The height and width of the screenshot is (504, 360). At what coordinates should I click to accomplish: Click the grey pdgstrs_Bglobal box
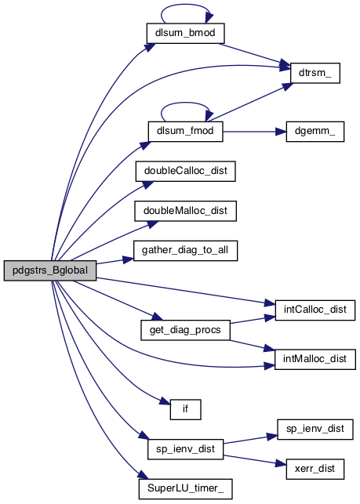point(50,270)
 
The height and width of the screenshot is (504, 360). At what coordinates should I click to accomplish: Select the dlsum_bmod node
point(185,33)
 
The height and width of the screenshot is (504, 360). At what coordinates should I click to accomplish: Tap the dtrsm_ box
point(315,73)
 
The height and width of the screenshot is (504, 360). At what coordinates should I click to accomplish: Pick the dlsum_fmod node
point(185,131)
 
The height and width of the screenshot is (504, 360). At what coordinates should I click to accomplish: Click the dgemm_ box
point(315,131)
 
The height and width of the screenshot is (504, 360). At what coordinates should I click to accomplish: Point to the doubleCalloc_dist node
point(185,171)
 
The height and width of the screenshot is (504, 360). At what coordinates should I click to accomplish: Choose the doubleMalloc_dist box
point(185,211)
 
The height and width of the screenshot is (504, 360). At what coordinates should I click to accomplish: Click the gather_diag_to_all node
point(185,250)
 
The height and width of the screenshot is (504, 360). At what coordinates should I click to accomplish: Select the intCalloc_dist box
point(315,310)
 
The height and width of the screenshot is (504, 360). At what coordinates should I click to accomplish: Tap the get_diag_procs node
point(185,330)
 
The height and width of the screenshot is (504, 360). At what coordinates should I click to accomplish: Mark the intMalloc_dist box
point(315,359)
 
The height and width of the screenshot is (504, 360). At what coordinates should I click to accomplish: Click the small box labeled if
point(185,409)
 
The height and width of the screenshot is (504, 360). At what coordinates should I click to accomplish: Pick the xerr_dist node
point(315,469)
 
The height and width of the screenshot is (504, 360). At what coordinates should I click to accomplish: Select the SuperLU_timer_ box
point(185,489)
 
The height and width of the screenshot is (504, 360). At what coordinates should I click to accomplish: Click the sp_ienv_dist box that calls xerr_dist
point(185,449)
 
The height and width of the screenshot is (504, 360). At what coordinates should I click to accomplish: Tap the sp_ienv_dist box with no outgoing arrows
point(315,429)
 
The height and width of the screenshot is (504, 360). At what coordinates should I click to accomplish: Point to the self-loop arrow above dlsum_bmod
point(186,5)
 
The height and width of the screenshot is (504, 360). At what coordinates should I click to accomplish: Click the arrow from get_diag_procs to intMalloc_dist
point(253,345)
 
